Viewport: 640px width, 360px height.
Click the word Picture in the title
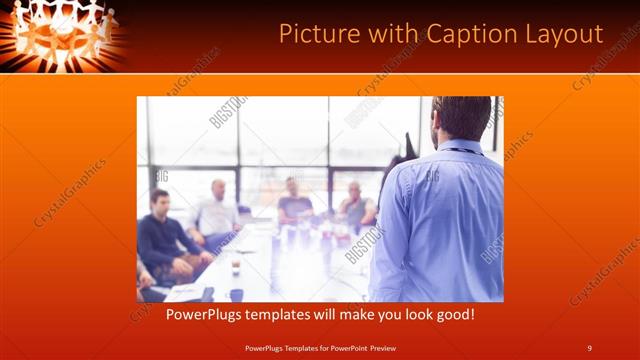point(319,34)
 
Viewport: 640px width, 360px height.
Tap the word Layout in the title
point(566,35)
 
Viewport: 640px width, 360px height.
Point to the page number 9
point(589,348)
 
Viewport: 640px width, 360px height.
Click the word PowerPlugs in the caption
point(205,315)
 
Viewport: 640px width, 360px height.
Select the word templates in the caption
point(289,315)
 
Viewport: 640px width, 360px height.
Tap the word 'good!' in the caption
point(451,315)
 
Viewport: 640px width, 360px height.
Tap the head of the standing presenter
point(461,118)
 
